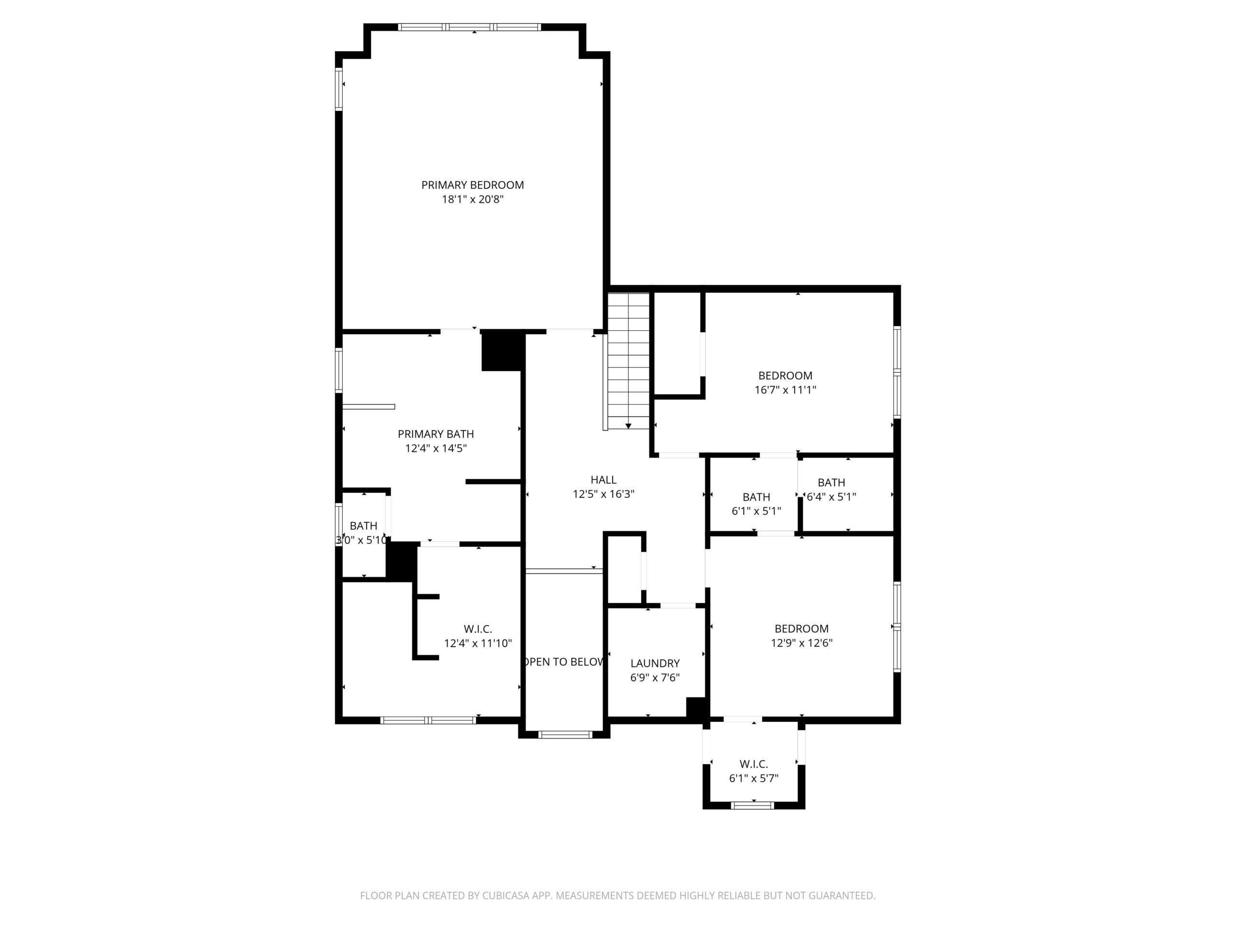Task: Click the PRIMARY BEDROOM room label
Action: (x=472, y=185)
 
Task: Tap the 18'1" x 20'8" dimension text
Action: (x=473, y=199)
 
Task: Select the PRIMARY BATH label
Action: (x=436, y=434)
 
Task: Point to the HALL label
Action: (x=604, y=480)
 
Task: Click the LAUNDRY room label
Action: (x=655, y=664)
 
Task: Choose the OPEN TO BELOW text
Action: (x=564, y=662)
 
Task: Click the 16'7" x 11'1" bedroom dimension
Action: (x=785, y=390)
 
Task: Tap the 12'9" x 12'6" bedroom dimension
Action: (x=801, y=643)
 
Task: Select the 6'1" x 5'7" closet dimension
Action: (x=754, y=778)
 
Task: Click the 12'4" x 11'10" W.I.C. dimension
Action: (x=478, y=644)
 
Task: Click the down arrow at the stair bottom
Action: (x=629, y=426)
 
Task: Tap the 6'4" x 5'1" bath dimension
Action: (x=831, y=497)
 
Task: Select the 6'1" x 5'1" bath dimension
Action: (x=756, y=511)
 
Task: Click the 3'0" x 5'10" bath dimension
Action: (x=362, y=540)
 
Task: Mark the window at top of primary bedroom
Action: (x=469, y=27)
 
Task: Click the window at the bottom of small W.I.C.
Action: (x=753, y=806)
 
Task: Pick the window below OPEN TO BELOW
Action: (x=564, y=735)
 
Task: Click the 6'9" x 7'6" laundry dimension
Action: (x=655, y=678)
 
